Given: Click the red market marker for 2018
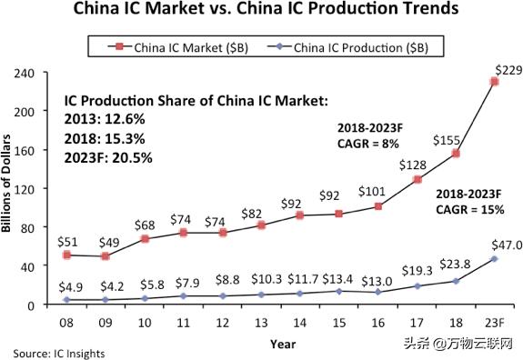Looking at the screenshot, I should click(x=455, y=154).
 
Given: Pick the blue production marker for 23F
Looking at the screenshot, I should click(x=494, y=259).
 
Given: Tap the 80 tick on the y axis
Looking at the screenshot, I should click(x=37, y=227).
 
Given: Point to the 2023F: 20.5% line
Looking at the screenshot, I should click(x=108, y=157).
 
